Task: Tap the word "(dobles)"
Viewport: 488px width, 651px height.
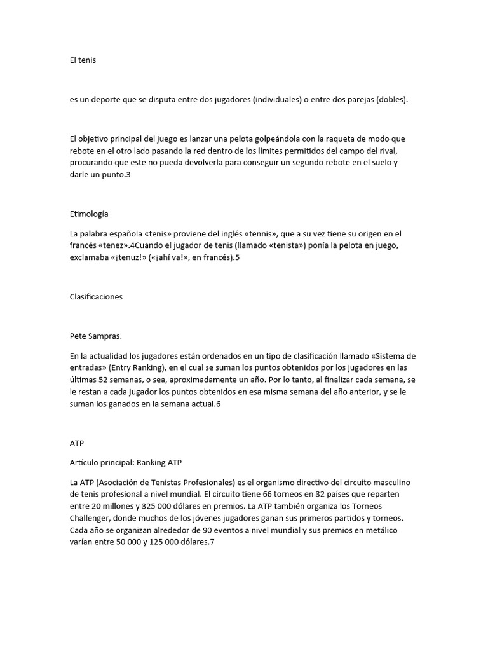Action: point(392,100)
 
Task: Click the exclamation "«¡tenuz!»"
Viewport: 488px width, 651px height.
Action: point(135,258)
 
